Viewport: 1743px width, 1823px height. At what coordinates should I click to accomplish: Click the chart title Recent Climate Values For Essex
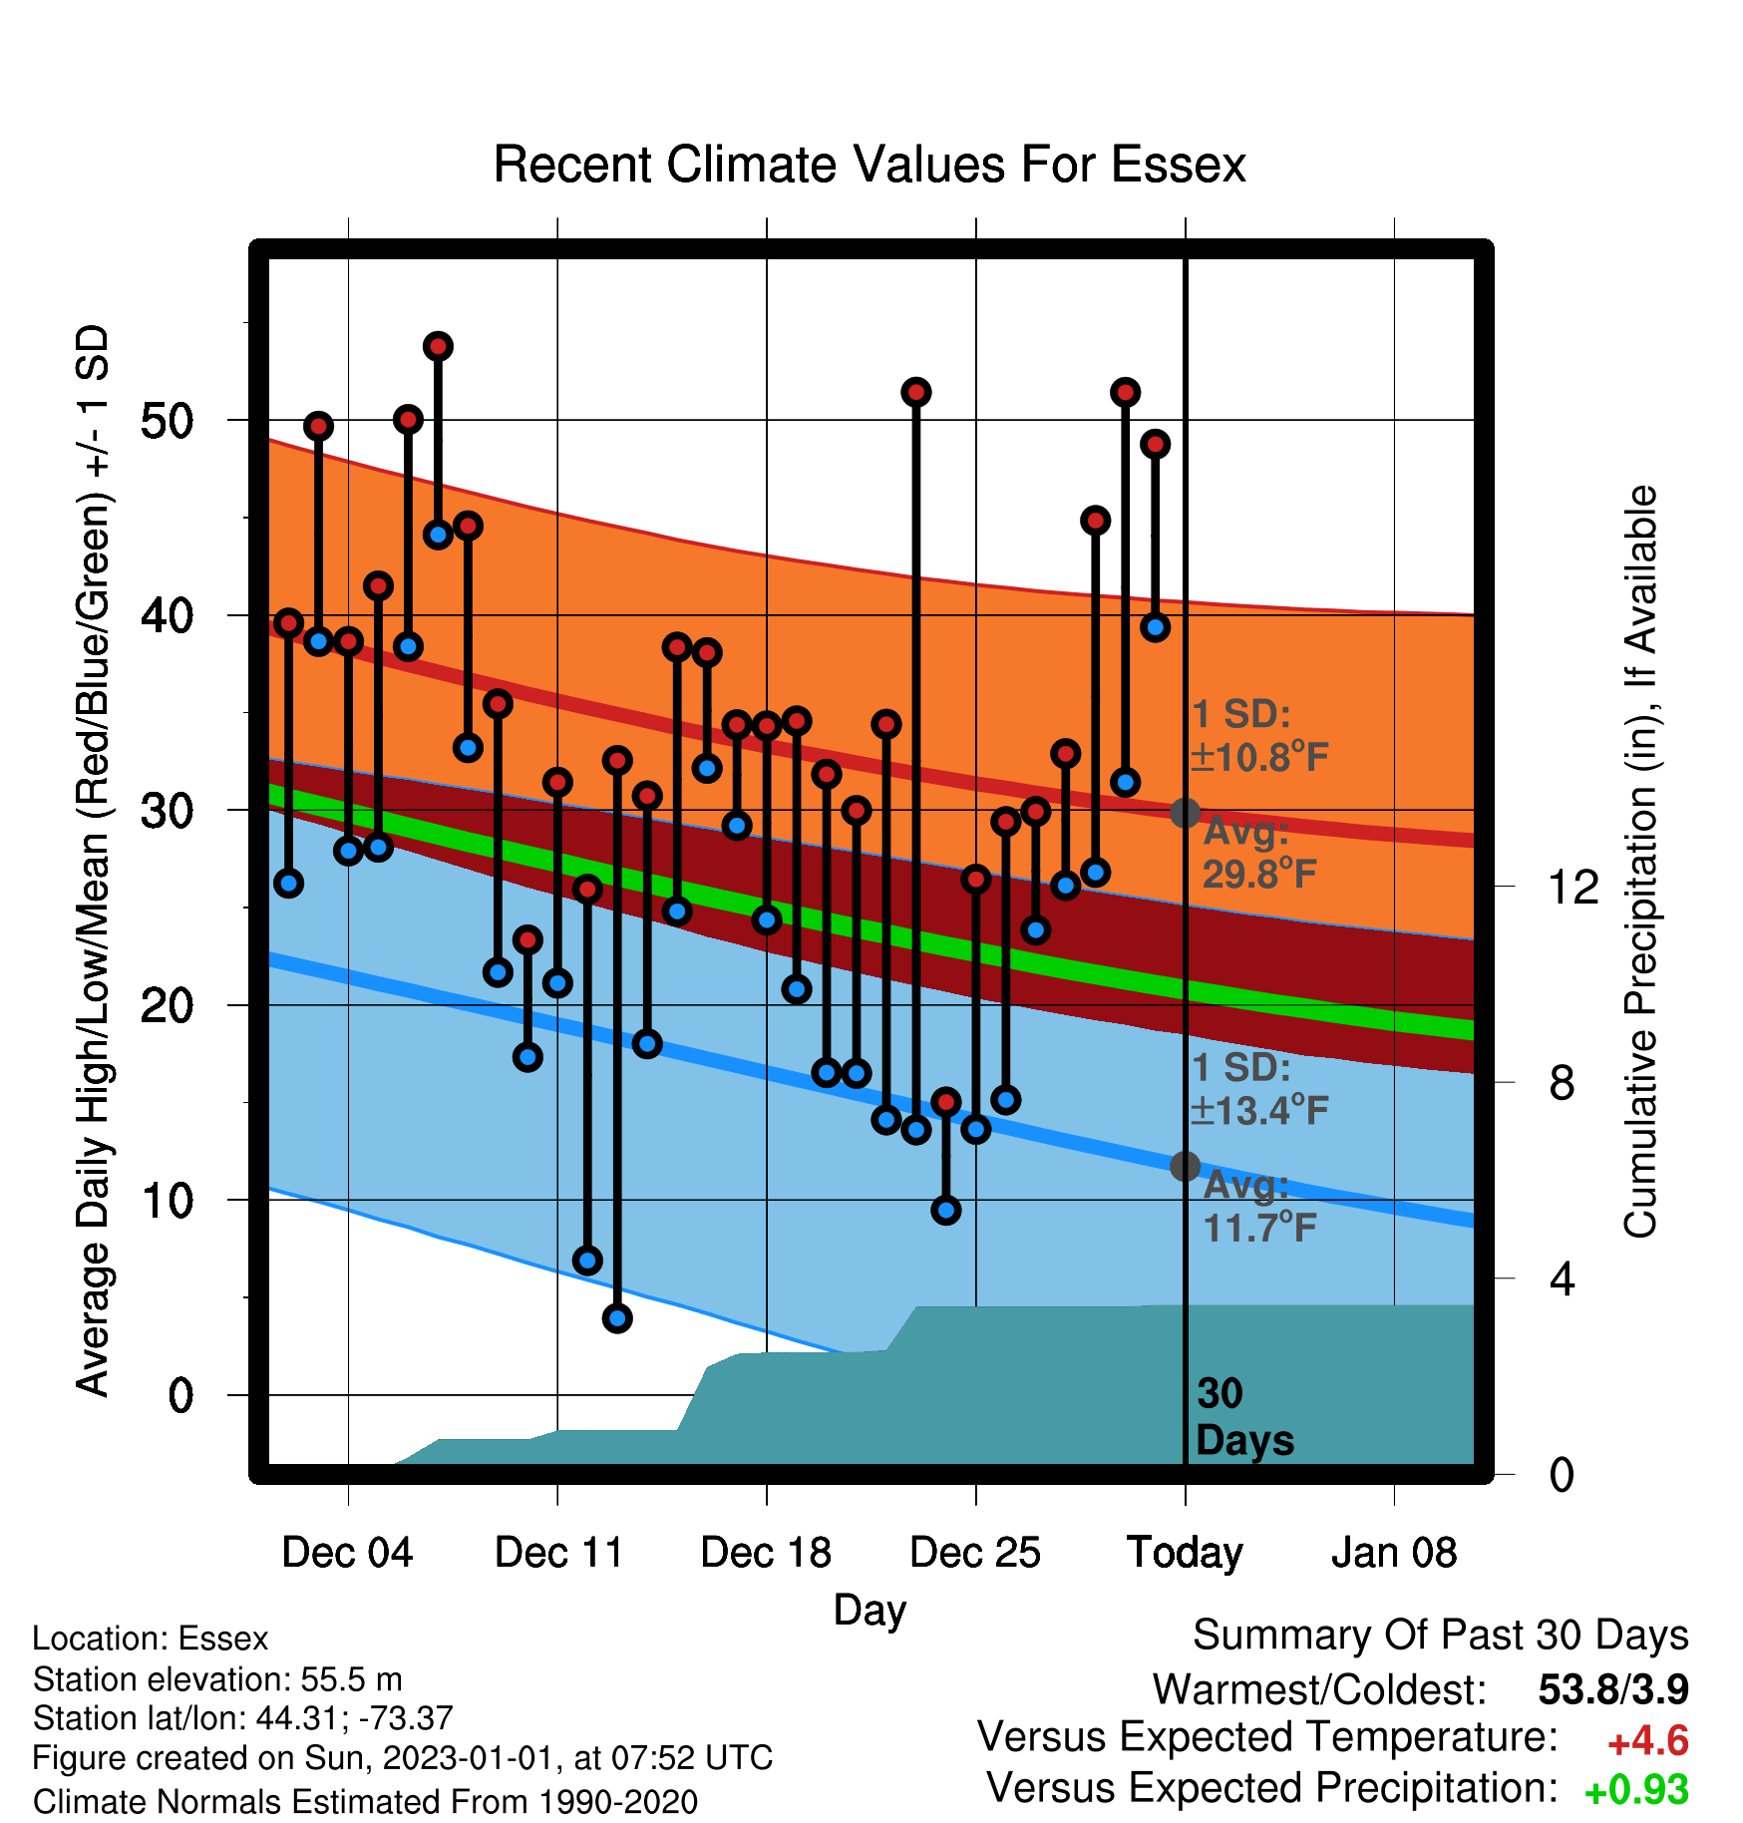(x=870, y=165)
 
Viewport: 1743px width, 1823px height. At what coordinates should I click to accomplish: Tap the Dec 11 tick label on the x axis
(x=558, y=1553)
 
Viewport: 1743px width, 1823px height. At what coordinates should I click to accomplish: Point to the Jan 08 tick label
(x=1394, y=1553)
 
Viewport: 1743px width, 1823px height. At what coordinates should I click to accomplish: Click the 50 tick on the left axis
(x=167, y=420)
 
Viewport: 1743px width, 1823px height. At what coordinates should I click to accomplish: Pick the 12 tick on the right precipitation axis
(x=1573, y=887)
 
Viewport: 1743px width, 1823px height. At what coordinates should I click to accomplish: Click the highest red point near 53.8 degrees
(x=438, y=346)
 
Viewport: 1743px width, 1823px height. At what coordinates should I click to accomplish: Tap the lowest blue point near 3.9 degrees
(x=617, y=1318)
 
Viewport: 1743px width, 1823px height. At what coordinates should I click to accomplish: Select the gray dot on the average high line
(x=1185, y=813)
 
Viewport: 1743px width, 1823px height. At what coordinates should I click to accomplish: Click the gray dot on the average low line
(x=1185, y=1166)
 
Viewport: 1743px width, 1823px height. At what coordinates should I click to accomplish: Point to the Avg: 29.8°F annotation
(x=1259, y=853)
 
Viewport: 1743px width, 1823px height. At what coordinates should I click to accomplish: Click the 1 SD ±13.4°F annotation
(x=1259, y=1088)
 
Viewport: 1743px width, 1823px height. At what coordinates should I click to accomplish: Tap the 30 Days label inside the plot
(x=1244, y=1417)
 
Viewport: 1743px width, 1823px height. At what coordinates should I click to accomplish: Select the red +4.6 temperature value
(x=1648, y=1741)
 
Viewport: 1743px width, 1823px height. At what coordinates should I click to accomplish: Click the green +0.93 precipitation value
(x=1636, y=1790)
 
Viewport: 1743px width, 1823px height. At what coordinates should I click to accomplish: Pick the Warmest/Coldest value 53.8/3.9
(x=1613, y=1689)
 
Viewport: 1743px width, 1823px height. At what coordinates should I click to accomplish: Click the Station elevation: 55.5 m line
(x=217, y=1679)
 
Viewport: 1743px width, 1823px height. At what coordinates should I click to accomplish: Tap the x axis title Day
(x=870, y=1611)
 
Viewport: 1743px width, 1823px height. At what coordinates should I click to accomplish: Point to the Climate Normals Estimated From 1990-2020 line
(x=365, y=1802)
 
